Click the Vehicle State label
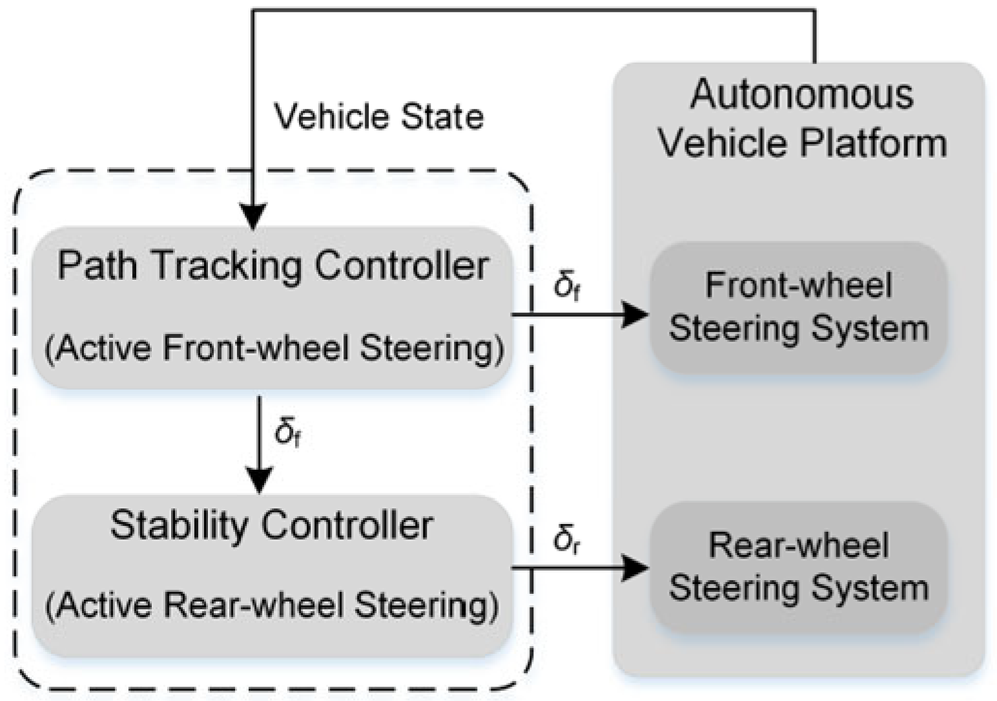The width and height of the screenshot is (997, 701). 379,117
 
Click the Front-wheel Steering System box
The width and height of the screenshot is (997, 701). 798,308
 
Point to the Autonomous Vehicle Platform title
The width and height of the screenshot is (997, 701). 802,118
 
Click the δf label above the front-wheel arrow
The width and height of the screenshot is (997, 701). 567,285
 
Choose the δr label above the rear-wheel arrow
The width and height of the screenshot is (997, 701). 567,539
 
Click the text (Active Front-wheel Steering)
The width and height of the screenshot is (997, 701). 274,348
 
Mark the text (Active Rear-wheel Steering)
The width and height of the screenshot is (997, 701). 272,605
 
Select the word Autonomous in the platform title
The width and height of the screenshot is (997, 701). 802,94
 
